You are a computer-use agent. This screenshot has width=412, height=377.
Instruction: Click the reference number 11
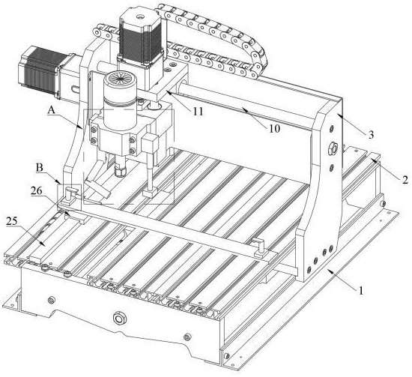pos(198,112)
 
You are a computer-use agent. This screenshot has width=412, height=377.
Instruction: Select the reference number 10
pos(274,129)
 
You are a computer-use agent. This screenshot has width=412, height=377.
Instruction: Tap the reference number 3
pos(371,135)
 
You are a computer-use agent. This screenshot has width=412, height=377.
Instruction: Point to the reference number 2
pos(405,180)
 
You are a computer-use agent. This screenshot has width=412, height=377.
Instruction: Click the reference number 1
pos(361,291)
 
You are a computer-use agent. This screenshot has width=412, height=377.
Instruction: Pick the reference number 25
pos(11,221)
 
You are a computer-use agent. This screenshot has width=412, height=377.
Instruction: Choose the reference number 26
pos(37,190)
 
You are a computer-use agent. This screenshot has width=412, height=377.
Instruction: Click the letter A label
pos(52,110)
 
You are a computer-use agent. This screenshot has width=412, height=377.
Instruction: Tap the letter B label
pos(40,168)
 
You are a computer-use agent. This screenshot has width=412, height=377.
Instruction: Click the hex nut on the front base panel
pos(120,319)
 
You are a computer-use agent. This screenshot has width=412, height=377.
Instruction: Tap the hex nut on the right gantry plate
pos(333,150)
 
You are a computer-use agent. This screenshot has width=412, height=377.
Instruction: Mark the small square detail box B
pos(69,196)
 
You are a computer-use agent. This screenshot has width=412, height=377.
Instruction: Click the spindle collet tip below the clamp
pos(120,169)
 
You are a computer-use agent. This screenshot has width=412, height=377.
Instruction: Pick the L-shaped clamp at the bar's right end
pos(260,247)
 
